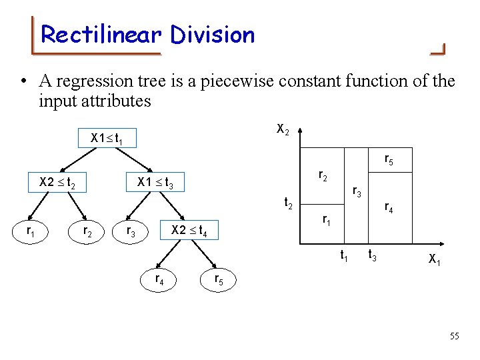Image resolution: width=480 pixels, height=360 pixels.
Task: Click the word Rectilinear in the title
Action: [x=99, y=35]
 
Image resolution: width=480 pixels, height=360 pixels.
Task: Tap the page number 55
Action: [x=454, y=336]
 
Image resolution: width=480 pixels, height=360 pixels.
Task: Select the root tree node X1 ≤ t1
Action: [x=106, y=139]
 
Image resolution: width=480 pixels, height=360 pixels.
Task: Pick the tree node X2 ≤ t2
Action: [x=62, y=182]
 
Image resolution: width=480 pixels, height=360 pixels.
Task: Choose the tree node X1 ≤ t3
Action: [x=155, y=182]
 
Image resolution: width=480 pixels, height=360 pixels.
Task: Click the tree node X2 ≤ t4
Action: [x=189, y=231]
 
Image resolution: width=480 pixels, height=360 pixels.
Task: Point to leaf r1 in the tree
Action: [x=31, y=231]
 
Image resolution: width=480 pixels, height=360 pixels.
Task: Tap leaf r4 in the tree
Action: [x=160, y=279]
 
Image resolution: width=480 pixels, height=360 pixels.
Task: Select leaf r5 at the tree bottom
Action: [x=219, y=279]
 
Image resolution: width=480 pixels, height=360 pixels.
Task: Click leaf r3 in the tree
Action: [x=131, y=231]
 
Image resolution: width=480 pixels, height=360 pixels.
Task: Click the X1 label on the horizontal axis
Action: [x=434, y=259]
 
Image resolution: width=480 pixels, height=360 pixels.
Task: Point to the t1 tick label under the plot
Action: [x=345, y=255]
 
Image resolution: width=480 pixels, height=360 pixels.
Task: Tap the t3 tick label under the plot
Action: [x=374, y=255]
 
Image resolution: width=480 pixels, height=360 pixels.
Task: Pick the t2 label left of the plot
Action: [x=289, y=202]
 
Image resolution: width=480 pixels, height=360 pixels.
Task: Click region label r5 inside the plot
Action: [x=389, y=159]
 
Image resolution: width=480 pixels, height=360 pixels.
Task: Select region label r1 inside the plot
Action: [x=326, y=219]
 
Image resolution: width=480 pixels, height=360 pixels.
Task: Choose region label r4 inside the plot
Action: [x=389, y=208]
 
